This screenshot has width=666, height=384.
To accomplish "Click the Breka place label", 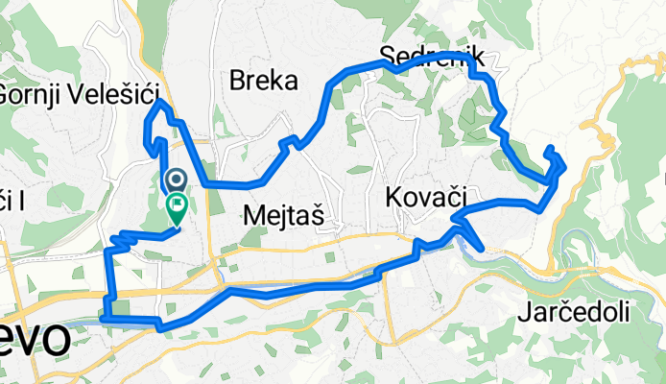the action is pos(263,82).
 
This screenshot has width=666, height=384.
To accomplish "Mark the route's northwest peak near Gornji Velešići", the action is pos(159,102).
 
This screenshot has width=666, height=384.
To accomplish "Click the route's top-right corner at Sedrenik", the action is pos(474,58).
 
